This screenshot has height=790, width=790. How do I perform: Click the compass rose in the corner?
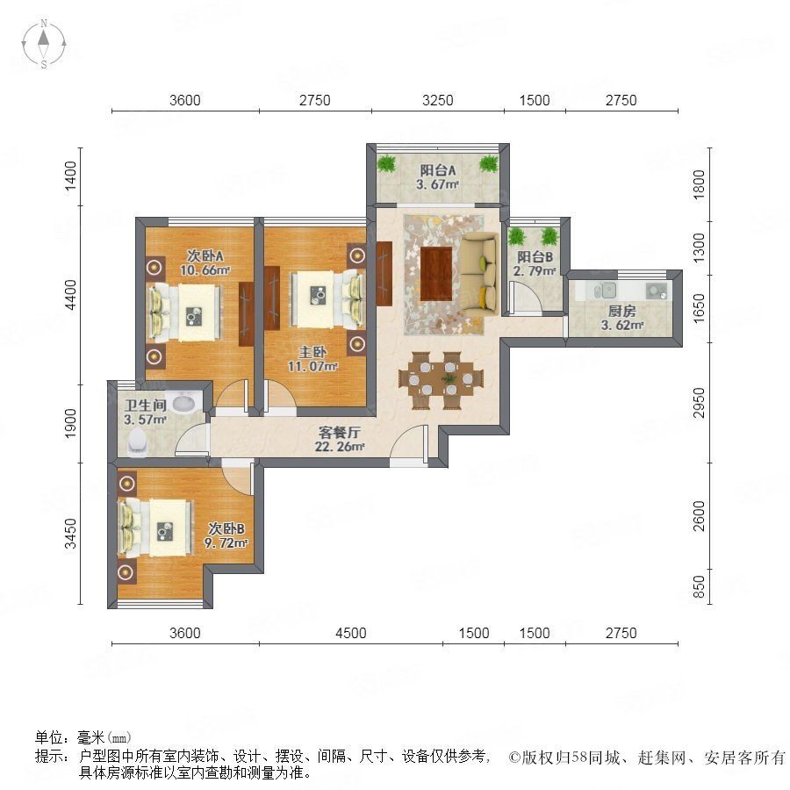(44, 44)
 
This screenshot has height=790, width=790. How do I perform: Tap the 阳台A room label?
(438, 171)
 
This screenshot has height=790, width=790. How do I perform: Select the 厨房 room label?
(621, 312)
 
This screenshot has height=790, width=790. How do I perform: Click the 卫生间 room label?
(146, 405)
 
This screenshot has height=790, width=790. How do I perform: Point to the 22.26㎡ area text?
(340, 447)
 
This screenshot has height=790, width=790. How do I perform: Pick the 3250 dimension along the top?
(437, 100)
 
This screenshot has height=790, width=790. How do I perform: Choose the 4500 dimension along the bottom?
(350, 633)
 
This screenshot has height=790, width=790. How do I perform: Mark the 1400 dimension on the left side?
(70, 176)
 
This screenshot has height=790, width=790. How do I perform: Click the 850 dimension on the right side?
(699, 586)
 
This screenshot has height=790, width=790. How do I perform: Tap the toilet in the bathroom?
(138, 442)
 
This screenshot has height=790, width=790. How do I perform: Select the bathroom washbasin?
(184, 402)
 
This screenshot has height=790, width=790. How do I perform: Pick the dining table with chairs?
(442, 380)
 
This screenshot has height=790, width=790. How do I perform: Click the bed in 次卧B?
(155, 528)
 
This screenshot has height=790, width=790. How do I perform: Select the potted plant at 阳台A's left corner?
(386, 164)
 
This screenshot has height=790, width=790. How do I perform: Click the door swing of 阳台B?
(525, 298)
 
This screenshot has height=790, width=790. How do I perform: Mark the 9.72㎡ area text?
(226, 542)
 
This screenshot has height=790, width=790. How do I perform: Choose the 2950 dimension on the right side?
(699, 402)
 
